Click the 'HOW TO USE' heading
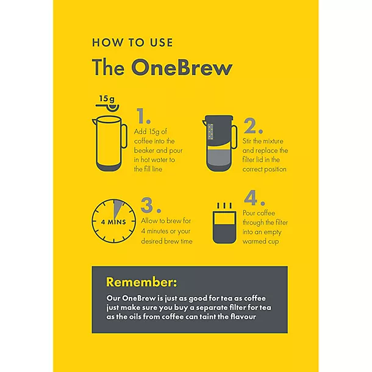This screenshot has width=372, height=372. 132,43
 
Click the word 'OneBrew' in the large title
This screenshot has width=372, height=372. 181,67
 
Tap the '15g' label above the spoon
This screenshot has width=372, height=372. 107,98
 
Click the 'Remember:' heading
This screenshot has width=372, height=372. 141,282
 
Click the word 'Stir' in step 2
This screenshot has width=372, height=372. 250,139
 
